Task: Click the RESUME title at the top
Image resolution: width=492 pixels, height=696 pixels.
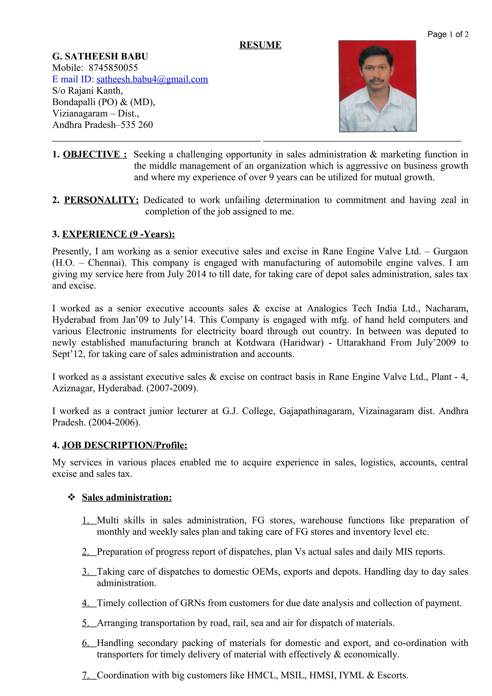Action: click(260, 45)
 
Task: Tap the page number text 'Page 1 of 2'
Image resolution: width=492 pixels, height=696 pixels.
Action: click(448, 34)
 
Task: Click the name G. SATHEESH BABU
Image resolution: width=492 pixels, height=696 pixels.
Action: click(100, 56)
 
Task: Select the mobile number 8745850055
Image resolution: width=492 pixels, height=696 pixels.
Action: click(113, 67)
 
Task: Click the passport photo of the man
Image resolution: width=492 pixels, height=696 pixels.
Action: click(377, 86)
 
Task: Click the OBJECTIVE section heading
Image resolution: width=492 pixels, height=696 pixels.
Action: click(95, 154)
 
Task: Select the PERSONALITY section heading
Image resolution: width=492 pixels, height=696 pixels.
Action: click(101, 200)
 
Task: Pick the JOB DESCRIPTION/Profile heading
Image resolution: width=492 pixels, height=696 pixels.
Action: click(125, 445)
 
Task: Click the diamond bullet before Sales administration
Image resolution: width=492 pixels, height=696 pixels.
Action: click(72, 497)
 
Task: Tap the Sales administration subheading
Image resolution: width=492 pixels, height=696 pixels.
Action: click(127, 497)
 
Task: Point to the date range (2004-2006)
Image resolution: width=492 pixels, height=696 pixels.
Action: click(114, 422)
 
